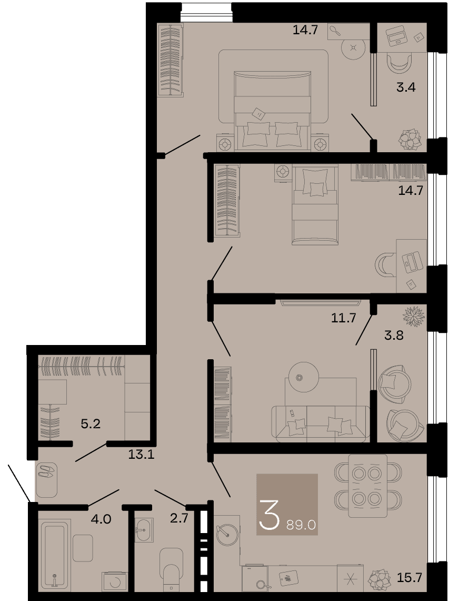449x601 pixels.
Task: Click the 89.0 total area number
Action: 301,525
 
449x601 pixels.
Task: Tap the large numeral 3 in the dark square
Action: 269,515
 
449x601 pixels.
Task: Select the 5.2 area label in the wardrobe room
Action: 91,423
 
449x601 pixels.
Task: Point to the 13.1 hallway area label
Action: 141,455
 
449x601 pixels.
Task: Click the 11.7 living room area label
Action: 344,318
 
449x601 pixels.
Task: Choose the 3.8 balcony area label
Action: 394,336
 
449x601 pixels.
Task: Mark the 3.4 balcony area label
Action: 406,87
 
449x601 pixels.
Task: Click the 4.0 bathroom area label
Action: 101,519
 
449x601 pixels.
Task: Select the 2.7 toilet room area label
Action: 179,518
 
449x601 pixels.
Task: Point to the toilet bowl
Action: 172,568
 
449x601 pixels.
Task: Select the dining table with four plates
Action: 367,486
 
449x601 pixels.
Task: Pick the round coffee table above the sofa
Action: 303,378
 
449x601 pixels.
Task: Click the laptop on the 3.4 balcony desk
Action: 397,35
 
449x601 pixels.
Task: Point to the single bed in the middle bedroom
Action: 315,204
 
